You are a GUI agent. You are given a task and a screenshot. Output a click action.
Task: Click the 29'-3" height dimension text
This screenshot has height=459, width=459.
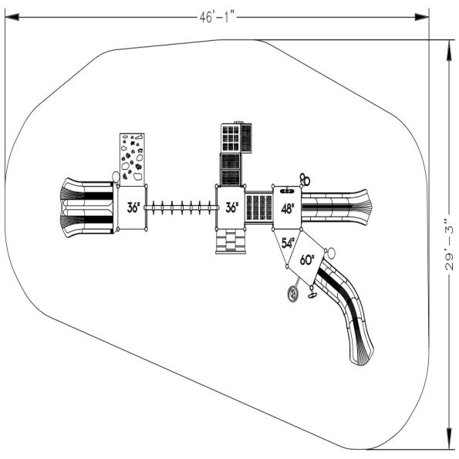448,243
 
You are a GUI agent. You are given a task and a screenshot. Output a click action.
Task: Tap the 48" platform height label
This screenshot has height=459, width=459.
287,208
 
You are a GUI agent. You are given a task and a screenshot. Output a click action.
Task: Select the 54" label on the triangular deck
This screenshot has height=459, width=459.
289,243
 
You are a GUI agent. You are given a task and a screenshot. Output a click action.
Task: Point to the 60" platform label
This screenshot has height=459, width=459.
307,260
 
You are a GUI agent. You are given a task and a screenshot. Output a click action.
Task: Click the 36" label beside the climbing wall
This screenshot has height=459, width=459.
133,208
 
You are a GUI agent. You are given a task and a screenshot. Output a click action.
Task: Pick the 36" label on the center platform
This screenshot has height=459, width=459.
231,208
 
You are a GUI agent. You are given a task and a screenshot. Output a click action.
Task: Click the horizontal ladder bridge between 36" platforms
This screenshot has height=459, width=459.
181,207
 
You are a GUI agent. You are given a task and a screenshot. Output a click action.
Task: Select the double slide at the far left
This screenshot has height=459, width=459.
85,207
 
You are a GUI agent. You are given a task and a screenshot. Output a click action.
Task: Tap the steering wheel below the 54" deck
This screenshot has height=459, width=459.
293,294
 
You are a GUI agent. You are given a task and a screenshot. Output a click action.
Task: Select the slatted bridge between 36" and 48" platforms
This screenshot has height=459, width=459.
259,207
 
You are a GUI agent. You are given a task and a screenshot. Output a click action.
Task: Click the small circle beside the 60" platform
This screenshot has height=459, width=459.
330,252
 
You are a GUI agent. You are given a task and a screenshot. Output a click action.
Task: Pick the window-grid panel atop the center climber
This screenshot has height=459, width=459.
232,139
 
